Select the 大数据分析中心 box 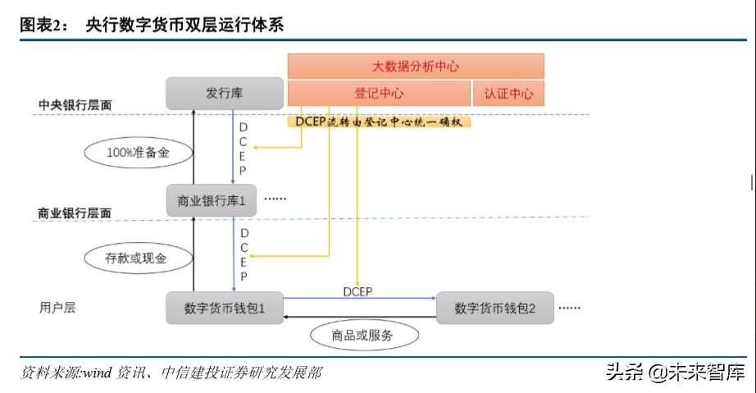(x=416, y=66)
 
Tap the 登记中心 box (x=378, y=94)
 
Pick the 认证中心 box (x=508, y=94)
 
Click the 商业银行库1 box (x=212, y=199)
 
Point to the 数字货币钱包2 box (x=494, y=308)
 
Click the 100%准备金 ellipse (x=138, y=152)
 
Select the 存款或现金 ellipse (x=138, y=258)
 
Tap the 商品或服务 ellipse (x=363, y=335)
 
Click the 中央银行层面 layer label (x=75, y=106)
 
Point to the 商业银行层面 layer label (x=75, y=212)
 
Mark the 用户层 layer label (x=57, y=308)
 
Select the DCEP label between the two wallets (x=358, y=291)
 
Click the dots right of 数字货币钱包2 (x=569, y=308)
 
